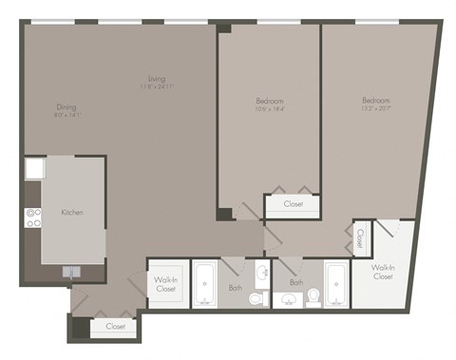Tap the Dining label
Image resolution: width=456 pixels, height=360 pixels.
(x=66, y=107)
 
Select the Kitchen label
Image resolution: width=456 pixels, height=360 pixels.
(x=72, y=212)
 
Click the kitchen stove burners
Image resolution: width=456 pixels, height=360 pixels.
(x=34, y=218)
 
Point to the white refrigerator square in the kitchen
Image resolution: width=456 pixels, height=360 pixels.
(x=33, y=169)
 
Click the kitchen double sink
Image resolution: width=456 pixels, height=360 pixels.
(x=73, y=271)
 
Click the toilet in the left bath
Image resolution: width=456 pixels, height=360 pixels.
(x=256, y=300)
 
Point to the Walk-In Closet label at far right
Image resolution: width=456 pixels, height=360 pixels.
(x=383, y=272)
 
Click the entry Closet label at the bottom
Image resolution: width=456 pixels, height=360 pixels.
(x=115, y=327)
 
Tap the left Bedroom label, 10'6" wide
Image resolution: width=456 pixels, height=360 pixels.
(x=270, y=101)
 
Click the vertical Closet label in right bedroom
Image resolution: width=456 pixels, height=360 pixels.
(x=361, y=238)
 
